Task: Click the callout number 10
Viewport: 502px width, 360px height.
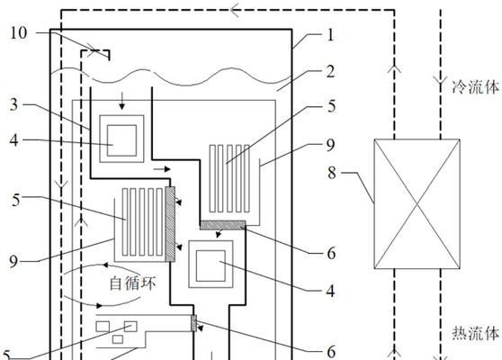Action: tap(19, 33)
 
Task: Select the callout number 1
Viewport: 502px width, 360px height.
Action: tap(330, 34)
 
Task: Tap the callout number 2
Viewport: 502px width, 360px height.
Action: tap(330, 71)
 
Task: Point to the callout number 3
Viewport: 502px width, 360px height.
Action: tap(14, 104)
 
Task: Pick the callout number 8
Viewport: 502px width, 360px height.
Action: tap(332, 173)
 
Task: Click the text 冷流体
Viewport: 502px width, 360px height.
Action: tap(475, 87)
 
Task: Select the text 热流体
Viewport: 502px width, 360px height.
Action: tap(476, 333)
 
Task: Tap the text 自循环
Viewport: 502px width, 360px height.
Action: tap(132, 283)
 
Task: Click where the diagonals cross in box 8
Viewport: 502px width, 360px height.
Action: tap(417, 203)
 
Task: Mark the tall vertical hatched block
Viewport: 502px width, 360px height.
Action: tap(170, 224)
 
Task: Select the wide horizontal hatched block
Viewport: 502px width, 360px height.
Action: tap(222, 225)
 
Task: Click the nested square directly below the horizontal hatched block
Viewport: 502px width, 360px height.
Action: tap(211, 265)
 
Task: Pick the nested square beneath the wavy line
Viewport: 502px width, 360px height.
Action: tap(121, 139)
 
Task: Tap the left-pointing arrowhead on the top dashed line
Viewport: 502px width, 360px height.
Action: tap(235, 10)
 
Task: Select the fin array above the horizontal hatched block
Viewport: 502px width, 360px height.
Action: tap(229, 179)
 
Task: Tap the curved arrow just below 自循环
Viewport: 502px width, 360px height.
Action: tap(102, 302)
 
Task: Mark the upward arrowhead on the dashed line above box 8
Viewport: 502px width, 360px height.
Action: tap(394, 67)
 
